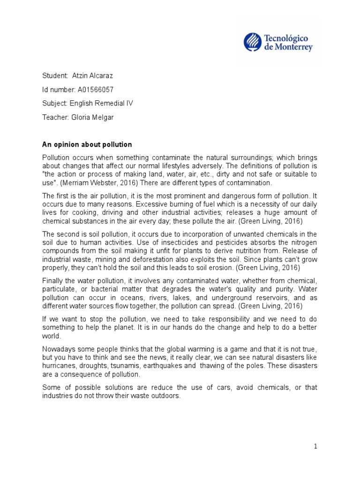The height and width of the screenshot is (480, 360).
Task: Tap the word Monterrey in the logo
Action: [x=294, y=47]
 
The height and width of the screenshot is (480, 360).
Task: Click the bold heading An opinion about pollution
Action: [x=87, y=144]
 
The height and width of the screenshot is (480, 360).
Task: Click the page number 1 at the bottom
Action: [x=316, y=447]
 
